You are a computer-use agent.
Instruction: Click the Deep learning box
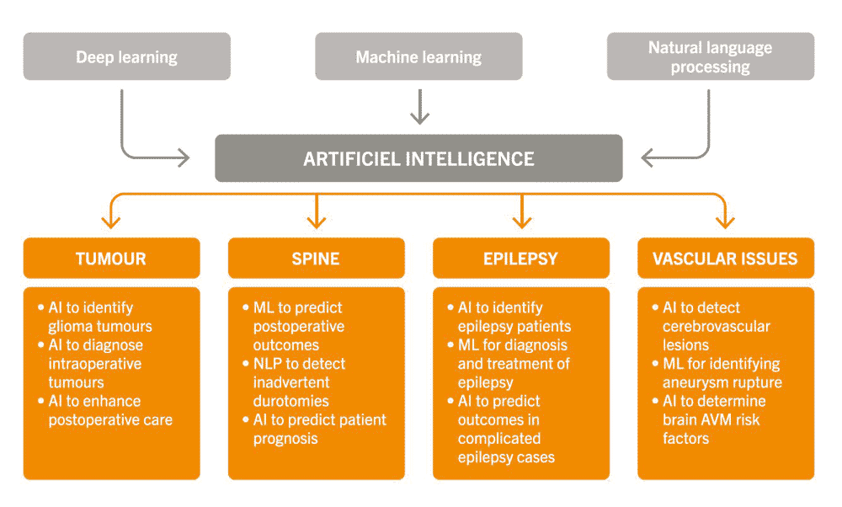click(127, 56)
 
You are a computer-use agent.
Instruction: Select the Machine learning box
click(418, 56)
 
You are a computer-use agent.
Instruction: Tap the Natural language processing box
click(711, 56)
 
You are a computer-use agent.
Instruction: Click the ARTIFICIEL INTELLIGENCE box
click(418, 158)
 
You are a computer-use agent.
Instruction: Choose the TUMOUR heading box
click(112, 259)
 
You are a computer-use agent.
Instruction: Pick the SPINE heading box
click(317, 259)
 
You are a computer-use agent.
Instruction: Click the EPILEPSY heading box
click(521, 259)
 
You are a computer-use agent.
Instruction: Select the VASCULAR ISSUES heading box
click(726, 259)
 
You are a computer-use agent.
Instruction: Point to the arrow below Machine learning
click(419, 107)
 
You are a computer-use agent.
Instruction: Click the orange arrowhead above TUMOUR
click(111, 221)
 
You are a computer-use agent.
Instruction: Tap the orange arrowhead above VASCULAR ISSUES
click(726, 221)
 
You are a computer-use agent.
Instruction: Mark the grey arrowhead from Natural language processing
click(647, 157)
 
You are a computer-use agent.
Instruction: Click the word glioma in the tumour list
click(66, 327)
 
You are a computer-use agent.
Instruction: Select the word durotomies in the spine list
click(291, 401)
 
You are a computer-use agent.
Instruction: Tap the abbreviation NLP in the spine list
click(268, 364)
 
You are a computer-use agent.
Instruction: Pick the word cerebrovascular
click(717, 327)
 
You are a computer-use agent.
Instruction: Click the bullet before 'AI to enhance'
click(40, 401)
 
